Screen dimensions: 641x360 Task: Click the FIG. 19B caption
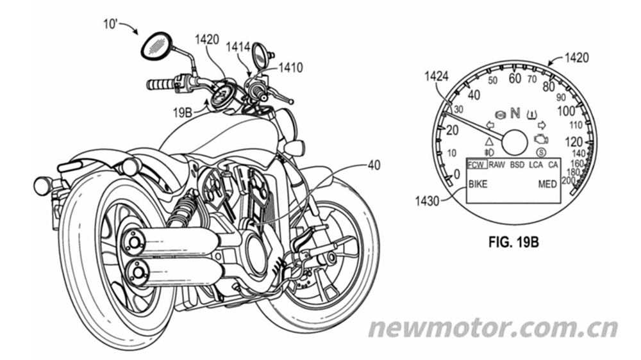pos(513,242)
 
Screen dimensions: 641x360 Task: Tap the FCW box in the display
pos(477,165)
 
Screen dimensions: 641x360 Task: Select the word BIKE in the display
pos(478,184)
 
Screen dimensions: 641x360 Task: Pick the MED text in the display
pos(547,184)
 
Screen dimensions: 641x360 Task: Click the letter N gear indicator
pos(515,113)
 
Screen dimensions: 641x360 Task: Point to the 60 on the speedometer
pos(515,78)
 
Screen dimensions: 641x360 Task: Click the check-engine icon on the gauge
pos(541,139)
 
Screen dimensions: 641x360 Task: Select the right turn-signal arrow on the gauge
pos(542,125)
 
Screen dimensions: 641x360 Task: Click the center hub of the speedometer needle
pos(515,142)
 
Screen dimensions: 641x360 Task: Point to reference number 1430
pos(427,201)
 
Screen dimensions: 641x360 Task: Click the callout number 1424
pos(436,76)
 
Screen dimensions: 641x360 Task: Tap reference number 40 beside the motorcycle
pos(374,165)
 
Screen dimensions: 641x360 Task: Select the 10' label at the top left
pos(110,24)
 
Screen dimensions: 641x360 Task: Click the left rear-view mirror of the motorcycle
pos(156,45)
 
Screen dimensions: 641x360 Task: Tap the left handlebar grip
pos(161,84)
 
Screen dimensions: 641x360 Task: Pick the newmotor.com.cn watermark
pos(492,327)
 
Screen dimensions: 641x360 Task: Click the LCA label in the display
pos(535,165)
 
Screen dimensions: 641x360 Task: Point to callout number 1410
pos(290,67)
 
